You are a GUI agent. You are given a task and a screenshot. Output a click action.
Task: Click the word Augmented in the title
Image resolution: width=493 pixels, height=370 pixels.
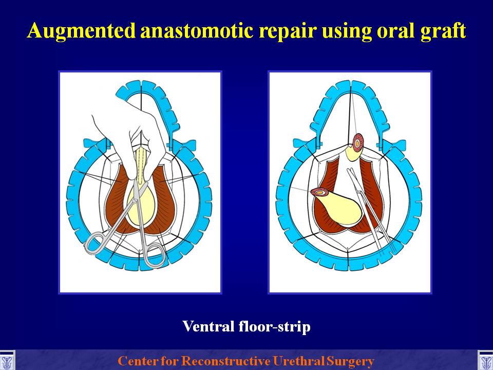click(x=82, y=31)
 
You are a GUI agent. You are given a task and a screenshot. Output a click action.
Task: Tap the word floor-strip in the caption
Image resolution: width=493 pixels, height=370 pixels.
click(x=274, y=327)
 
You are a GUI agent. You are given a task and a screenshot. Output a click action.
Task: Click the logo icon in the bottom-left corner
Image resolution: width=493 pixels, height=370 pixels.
click(x=7, y=361)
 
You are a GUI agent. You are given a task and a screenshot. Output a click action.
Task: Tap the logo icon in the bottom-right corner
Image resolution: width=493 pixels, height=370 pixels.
click(x=485, y=361)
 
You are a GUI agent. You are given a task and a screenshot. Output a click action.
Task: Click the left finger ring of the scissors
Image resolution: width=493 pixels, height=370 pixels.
click(x=97, y=243)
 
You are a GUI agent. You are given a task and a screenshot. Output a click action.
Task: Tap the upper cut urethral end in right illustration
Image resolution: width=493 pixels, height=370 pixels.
click(x=358, y=142)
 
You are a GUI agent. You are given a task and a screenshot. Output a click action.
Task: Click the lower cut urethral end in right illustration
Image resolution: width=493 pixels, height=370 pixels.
click(x=319, y=192)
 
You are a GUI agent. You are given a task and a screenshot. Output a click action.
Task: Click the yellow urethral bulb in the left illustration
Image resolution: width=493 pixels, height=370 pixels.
click(x=142, y=205)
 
